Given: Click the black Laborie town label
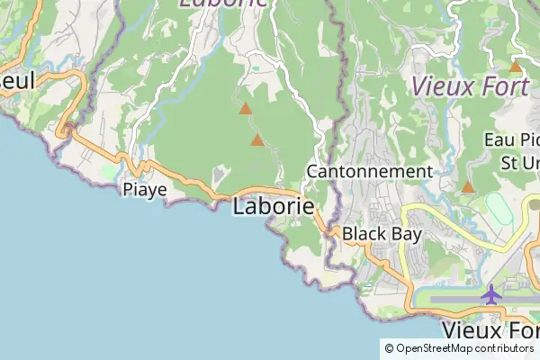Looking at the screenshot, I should click(x=274, y=206).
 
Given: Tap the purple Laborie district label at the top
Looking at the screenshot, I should click(x=223, y=3).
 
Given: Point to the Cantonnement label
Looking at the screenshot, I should click(x=369, y=171).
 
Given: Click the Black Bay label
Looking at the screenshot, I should click(x=382, y=233).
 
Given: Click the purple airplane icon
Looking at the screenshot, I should click(x=491, y=293).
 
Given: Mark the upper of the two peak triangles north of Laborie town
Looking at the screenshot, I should click(x=245, y=109).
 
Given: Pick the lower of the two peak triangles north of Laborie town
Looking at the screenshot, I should click(x=257, y=140).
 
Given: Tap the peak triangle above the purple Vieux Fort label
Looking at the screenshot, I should click(x=516, y=67).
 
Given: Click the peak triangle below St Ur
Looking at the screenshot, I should click(x=468, y=187).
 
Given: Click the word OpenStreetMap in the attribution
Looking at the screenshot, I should click(x=435, y=348).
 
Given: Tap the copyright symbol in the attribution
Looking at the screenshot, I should click(x=390, y=348).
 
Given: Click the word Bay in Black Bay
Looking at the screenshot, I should click(x=406, y=233).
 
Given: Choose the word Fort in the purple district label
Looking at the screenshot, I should click(x=508, y=87).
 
